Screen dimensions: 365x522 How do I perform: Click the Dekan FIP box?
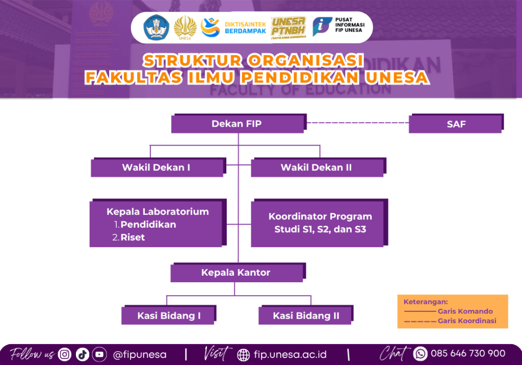237,124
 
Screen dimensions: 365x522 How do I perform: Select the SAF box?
456,124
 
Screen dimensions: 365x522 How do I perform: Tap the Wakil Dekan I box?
156,167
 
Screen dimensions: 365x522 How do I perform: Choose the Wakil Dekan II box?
316,167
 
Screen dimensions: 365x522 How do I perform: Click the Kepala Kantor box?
236,273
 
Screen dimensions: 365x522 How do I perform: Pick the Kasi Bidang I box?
169,315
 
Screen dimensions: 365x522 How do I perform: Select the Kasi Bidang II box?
306,315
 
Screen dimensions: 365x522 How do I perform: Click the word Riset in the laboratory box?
133,237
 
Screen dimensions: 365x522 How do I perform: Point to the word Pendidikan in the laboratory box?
148,225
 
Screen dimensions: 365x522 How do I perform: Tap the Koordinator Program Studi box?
320,223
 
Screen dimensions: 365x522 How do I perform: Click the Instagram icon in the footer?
64,354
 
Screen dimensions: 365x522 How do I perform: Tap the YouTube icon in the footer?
99,354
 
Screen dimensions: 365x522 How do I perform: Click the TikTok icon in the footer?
82,354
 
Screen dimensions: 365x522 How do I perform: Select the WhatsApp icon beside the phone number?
420,353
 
